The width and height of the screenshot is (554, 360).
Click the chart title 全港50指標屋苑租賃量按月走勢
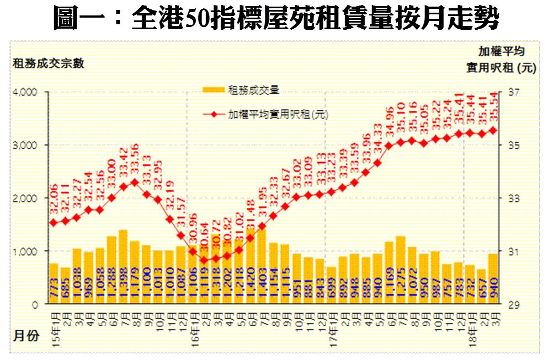tap(276, 19)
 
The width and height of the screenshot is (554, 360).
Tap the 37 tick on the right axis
tap(508, 92)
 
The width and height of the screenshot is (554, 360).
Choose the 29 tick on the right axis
tap(508, 304)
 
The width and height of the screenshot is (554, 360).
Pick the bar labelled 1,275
tap(401, 270)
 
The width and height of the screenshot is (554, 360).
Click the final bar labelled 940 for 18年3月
tap(493, 279)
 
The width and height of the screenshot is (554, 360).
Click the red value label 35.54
tap(493, 108)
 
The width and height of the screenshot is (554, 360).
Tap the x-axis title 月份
tap(26, 336)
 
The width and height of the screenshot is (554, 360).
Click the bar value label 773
tap(54, 290)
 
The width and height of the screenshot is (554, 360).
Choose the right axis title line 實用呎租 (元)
tap(500, 68)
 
